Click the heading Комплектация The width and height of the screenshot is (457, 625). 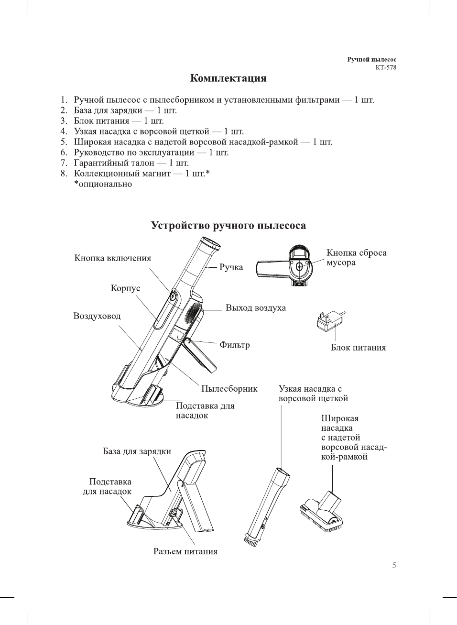[x=228, y=78]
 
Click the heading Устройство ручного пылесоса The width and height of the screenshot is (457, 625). [x=228, y=226]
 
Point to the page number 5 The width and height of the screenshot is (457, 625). [x=394, y=565]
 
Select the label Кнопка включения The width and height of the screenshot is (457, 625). [x=112, y=258]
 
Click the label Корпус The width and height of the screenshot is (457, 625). [x=125, y=288]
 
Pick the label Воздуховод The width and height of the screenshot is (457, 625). [x=97, y=316]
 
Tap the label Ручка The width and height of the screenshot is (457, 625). [x=231, y=267]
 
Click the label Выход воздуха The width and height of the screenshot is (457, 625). [x=256, y=308]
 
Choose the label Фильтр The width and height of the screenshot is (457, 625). [x=234, y=345]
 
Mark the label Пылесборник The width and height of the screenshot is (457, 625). [x=229, y=389]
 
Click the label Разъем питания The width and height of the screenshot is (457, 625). [x=185, y=551]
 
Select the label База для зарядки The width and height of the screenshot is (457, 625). [x=137, y=451]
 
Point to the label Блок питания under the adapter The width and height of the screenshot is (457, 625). [x=358, y=348]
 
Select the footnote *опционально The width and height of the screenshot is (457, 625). [x=103, y=184]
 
